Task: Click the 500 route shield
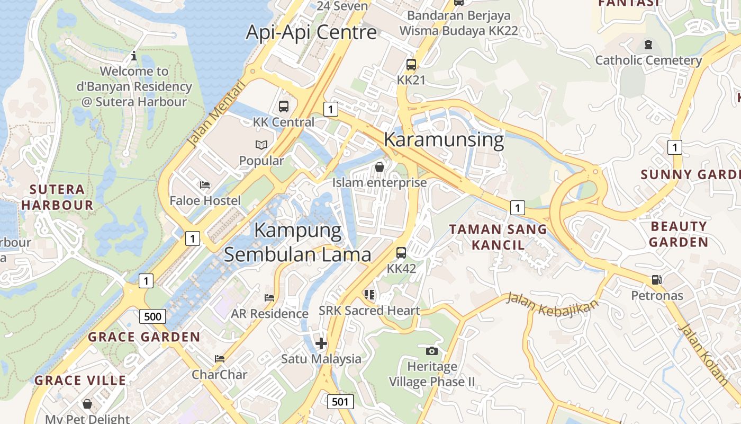tap(153, 317)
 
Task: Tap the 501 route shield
tap(340, 402)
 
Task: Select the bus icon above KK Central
tap(284, 106)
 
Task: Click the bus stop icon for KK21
tap(411, 65)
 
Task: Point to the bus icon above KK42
tap(401, 252)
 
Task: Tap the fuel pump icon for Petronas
tap(657, 279)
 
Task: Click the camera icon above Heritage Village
tap(432, 350)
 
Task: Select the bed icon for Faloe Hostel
tap(205, 185)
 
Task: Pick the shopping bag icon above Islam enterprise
tap(379, 167)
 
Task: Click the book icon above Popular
tap(261, 145)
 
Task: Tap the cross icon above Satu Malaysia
tap(321, 343)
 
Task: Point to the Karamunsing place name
tap(444, 139)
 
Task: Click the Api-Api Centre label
tap(311, 32)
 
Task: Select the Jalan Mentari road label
tap(216, 114)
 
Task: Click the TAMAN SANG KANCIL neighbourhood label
tap(498, 237)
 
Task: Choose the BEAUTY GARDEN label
tap(679, 234)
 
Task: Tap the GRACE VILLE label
tap(80, 380)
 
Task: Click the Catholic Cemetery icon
tap(648, 44)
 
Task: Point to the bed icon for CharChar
tap(220, 359)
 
